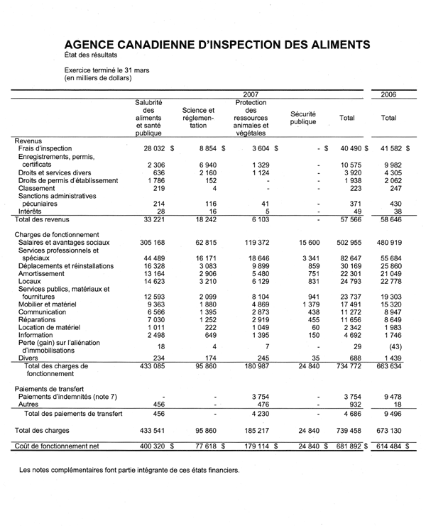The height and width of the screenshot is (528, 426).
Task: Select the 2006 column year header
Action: (388, 94)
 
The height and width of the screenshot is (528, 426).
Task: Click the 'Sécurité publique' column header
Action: (303, 118)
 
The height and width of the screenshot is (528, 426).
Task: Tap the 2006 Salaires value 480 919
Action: (388, 243)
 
